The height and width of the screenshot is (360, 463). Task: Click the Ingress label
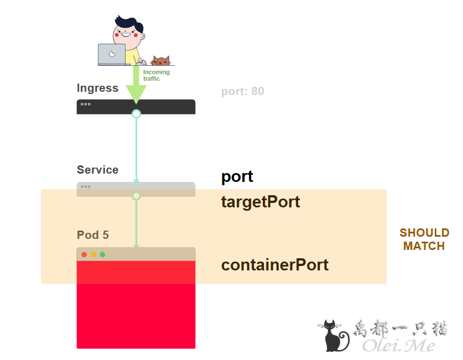(x=97, y=88)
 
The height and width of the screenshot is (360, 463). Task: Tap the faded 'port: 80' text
(x=242, y=91)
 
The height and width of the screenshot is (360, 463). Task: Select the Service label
(x=97, y=170)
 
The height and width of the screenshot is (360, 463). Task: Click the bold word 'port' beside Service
(x=237, y=177)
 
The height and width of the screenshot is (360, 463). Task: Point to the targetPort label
(x=261, y=202)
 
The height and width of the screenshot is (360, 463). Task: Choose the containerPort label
(x=275, y=265)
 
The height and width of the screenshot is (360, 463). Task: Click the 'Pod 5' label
(x=93, y=235)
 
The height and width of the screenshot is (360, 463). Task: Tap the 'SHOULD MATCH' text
(x=424, y=239)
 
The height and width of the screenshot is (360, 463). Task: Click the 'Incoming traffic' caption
(x=156, y=75)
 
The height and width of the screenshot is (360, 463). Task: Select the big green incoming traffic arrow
(x=136, y=86)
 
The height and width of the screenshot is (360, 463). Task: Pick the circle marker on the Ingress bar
(x=136, y=114)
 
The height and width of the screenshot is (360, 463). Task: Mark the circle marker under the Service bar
(x=136, y=196)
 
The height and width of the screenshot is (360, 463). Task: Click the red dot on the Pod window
(x=84, y=255)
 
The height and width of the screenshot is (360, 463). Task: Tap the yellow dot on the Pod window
(x=93, y=255)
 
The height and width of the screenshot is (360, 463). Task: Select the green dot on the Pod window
(x=102, y=255)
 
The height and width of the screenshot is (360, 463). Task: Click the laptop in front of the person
(x=112, y=55)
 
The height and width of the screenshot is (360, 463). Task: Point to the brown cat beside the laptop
(x=160, y=61)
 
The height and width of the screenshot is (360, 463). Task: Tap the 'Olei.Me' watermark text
(x=398, y=345)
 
